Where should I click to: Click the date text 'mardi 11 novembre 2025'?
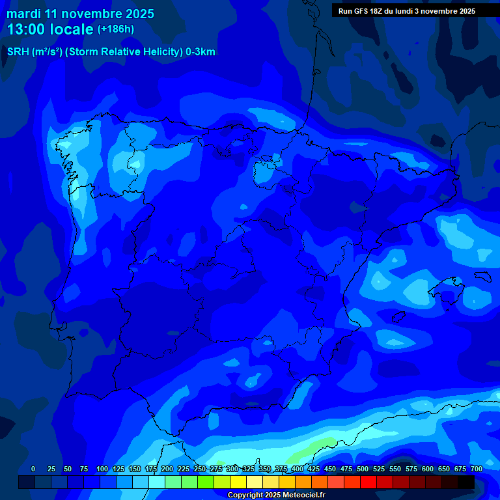pyautogui.click(x=80, y=14)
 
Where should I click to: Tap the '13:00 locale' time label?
pyautogui.click(x=50, y=29)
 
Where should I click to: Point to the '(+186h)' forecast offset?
pyautogui.click(x=115, y=29)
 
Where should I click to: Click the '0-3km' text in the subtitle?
pyautogui.click(x=200, y=52)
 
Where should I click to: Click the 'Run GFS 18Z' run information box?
pyautogui.click(x=406, y=11)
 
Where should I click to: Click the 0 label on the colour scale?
pyautogui.click(x=33, y=469)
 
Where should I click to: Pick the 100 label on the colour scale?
pyautogui.click(x=102, y=469)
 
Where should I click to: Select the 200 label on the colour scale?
pyautogui.click(x=167, y=469)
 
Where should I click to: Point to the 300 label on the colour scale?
pyautogui.click(x=232, y=469)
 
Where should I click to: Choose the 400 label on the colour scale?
pyautogui.click(x=298, y=469)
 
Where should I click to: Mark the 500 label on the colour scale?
pyautogui.click(x=363, y=469)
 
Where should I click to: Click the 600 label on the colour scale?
pyautogui.click(x=428, y=469)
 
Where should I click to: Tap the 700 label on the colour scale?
pyautogui.click(x=477, y=469)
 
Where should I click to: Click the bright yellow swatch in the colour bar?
pyautogui.click(x=238, y=482)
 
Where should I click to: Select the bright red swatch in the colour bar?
pyautogui.click(x=368, y=482)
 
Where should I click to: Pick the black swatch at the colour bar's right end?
pyautogui.click(x=466, y=482)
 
